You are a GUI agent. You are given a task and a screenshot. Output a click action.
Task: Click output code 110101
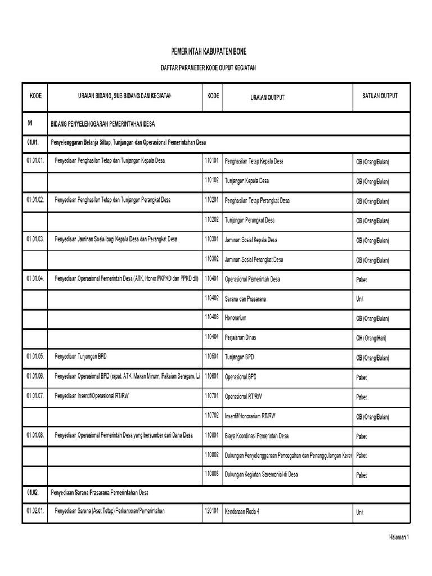211,161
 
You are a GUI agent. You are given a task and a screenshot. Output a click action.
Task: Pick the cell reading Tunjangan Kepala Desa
246,181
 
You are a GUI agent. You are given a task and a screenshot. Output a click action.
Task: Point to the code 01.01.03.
35,239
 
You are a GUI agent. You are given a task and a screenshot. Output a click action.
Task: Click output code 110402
211,298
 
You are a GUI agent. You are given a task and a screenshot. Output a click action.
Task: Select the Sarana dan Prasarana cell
245,299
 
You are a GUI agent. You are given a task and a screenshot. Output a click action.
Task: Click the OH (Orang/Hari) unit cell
371,339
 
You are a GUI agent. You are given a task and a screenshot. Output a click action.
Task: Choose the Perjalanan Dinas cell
244,338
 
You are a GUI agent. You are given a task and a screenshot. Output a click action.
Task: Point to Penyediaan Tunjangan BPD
80,357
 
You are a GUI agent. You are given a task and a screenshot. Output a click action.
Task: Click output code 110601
211,376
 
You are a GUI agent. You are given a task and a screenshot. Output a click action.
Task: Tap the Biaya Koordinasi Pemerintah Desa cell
256,436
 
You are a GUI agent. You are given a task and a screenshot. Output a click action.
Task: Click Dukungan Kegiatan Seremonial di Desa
261,475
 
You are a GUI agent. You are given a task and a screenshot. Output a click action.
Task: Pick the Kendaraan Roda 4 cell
245,512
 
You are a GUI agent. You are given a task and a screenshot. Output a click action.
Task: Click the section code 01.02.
33,492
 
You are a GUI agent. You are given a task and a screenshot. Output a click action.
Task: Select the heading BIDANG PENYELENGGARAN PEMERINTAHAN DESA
103,123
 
